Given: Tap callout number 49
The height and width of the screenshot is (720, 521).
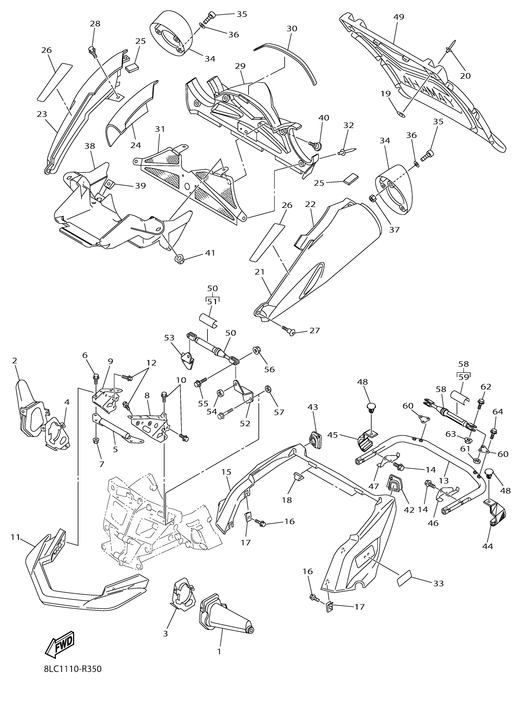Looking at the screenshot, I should (x=399, y=17).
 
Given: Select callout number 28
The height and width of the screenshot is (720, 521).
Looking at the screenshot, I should (x=95, y=24).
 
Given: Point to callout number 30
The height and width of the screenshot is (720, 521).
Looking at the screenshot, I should (x=292, y=29).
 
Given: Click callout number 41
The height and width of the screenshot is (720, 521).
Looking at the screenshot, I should (x=210, y=253).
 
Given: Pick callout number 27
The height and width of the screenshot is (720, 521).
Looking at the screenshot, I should (x=314, y=330).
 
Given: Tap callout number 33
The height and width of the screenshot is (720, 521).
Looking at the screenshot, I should (x=439, y=583).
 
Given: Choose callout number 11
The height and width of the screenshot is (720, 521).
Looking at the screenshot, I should (x=15, y=537).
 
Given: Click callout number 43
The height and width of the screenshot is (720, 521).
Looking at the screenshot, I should (x=313, y=407).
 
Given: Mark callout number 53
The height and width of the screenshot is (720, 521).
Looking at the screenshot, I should (x=170, y=337).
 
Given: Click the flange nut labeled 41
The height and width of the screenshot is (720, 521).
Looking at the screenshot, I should (x=180, y=259).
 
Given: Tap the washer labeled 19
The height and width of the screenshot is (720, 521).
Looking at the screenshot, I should (x=401, y=114).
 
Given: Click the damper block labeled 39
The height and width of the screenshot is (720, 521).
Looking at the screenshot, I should (x=110, y=183).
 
